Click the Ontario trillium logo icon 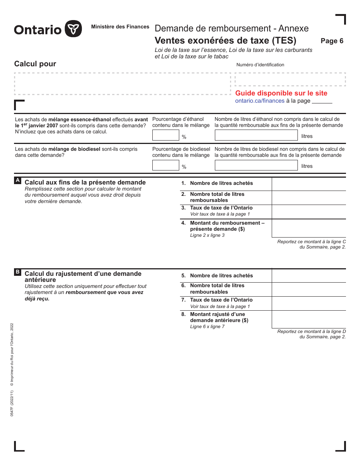pyautogui.click(x=73, y=29)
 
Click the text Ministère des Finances pyautogui.click(x=120, y=27)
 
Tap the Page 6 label pyautogui.click(x=332, y=41)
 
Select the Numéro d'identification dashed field pyautogui.click(x=290, y=80)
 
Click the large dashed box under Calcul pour pyautogui.click(x=122, y=84)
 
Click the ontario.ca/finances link pyautogui.click(x=260, y=101)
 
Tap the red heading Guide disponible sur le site pyautogui.click(x=281, y=93)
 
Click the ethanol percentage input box pyautogui.click(x=166, y=135)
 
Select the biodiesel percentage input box pyautogui.click(x=166, y=165)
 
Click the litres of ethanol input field pyautogui.click(x=256, y=135)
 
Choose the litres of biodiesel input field pyautogui.click(x=256, y=165)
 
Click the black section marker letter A pyautogui.click(x=17, y=181)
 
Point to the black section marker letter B pyautogui.click(x=17, y=272)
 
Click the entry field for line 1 pyautogui.click(x=309, y=184)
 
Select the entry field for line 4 pyautogui.click(x=309, y=228)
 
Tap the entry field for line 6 pyautogui.click(x=309, y=289)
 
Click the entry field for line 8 pyautogui.click(x=309, y=319)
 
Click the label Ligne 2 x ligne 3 pyautogui.click(x=207, y=235)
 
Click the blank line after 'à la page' pyautogui.click(x=322, y=102)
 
